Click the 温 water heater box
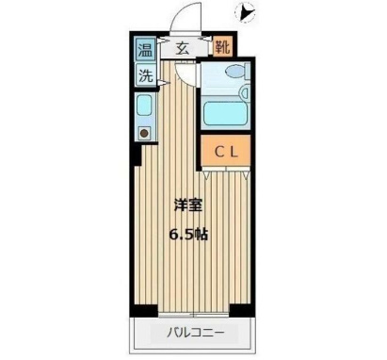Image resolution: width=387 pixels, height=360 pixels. (x=146, y=50)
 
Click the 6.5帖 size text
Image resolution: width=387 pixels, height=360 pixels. (x=189, y=232)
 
